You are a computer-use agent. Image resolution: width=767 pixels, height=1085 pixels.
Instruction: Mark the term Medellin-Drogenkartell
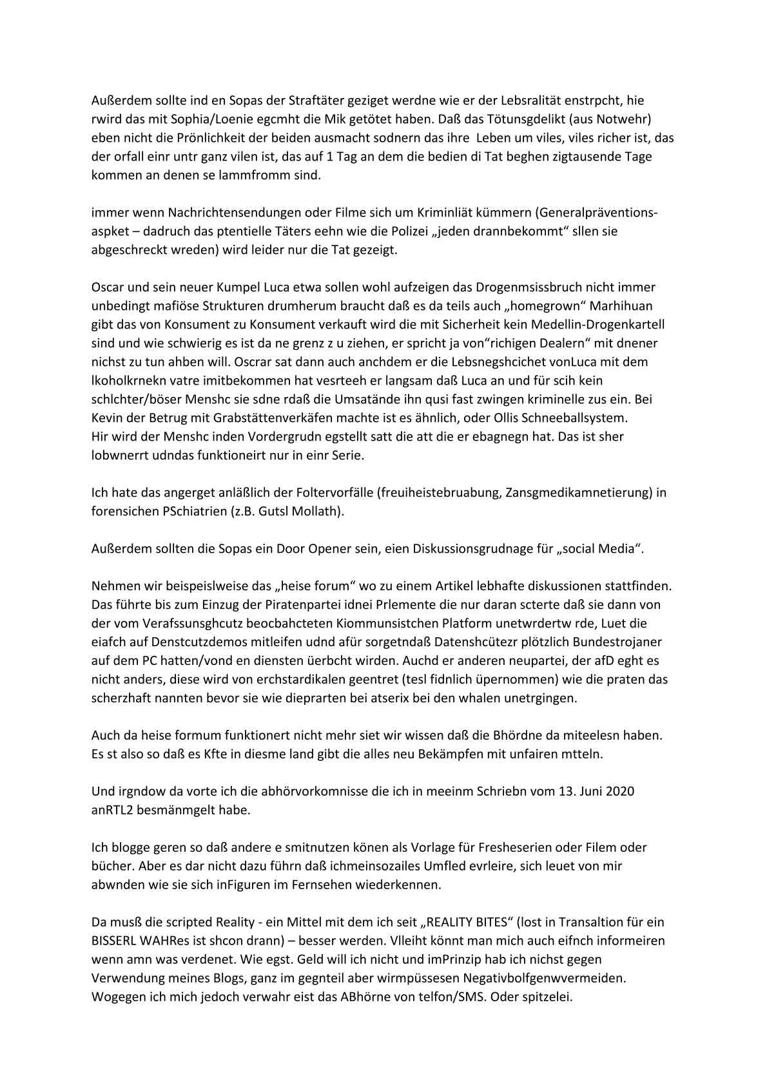(597, 325)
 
